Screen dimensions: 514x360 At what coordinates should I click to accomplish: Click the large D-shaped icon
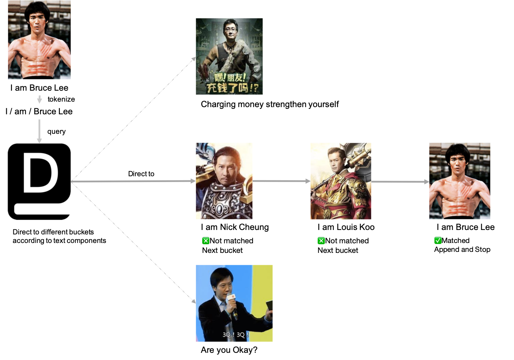[39, 181]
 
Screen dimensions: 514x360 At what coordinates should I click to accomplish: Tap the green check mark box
[438, 241]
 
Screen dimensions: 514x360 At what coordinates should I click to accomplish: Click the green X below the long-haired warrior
[205, 241]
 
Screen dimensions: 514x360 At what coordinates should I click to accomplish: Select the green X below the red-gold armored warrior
[321, 241]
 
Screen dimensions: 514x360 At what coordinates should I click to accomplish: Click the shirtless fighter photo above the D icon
[39, 40]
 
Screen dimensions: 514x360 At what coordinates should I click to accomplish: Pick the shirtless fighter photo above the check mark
[460, 181]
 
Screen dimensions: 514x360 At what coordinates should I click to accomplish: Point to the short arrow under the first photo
[39, 100]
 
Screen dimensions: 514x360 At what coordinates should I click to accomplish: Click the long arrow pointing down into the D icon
[39, 131]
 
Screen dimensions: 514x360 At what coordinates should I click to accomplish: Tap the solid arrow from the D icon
[133, 181]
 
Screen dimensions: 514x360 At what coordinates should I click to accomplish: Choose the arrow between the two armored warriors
[281, 181]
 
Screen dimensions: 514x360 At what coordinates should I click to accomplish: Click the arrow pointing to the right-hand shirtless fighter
[400, 182]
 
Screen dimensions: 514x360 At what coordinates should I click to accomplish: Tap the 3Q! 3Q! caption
[235, 335]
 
